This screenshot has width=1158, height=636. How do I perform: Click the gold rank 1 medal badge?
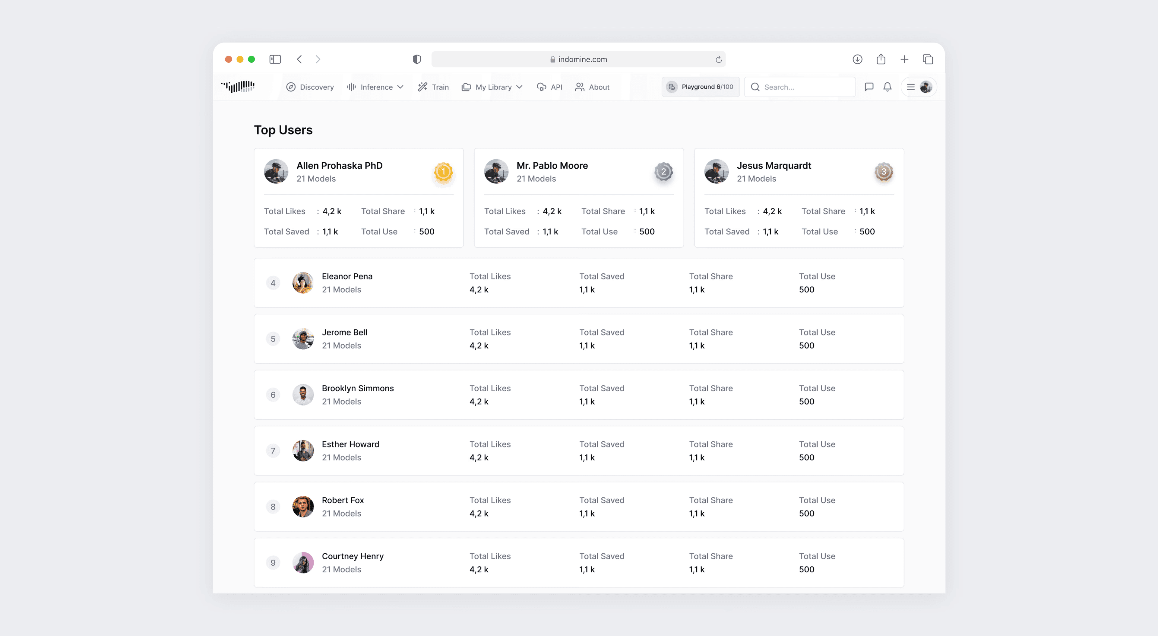443,172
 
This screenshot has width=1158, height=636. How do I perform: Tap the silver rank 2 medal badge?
663,172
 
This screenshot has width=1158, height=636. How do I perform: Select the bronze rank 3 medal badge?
883,172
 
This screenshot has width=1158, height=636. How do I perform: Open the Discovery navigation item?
310,87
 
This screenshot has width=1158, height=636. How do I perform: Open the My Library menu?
492,87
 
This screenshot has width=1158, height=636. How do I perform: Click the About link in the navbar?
593,87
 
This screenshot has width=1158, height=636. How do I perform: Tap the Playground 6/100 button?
700,87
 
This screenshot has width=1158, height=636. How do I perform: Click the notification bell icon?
887,87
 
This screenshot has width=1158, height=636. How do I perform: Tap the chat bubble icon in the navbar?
869,87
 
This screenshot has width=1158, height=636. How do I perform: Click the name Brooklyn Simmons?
357,388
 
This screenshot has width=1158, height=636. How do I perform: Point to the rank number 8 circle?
273,507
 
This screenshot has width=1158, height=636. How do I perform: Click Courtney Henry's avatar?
303,563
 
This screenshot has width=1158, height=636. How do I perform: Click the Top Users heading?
283,130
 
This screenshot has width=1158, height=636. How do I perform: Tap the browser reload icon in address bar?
718,59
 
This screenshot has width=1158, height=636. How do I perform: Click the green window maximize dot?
251,59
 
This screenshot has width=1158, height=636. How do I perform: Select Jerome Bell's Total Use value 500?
806,345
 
